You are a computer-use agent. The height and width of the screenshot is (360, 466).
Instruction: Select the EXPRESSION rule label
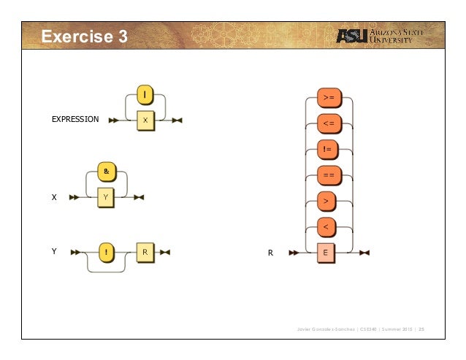75,119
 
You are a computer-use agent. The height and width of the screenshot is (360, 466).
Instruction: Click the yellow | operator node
145,95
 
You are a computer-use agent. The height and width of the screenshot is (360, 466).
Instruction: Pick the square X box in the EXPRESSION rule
145,120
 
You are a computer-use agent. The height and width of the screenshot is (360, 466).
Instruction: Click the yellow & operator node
106,172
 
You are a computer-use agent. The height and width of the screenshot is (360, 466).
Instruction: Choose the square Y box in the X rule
106,196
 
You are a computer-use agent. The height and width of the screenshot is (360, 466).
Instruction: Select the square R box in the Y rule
145,252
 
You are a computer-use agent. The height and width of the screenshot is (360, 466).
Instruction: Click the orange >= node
328,97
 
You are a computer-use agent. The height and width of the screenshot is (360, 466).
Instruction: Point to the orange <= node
328,123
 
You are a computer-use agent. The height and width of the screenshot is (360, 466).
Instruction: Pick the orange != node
328,150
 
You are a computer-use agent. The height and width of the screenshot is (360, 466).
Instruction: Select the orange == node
328,176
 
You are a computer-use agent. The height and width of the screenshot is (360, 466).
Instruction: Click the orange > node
328,202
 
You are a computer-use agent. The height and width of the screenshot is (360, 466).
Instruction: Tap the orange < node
328,228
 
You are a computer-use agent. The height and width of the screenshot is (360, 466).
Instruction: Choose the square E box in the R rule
328,253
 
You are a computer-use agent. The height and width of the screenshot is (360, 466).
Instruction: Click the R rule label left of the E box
270,253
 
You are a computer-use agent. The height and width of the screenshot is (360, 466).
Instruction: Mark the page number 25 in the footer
421,329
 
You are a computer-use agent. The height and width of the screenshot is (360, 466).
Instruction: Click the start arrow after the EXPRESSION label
113,120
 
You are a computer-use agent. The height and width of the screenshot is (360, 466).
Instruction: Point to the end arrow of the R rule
364,253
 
